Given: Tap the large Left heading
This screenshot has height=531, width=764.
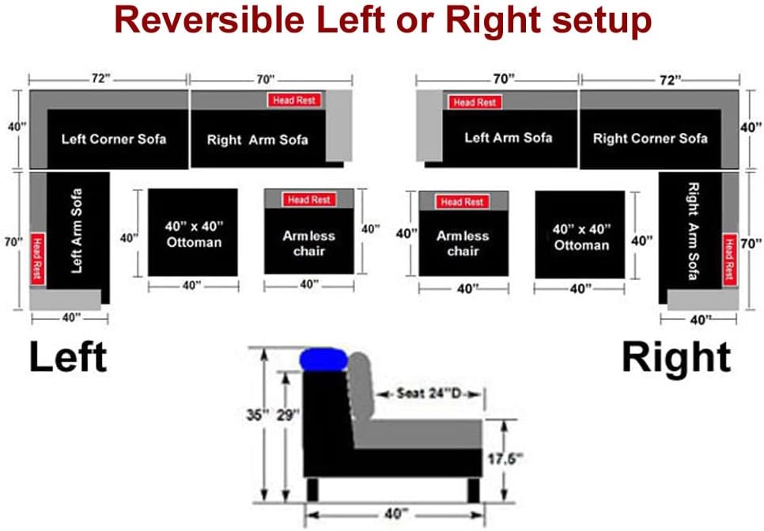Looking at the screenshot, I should [x=68, y=357].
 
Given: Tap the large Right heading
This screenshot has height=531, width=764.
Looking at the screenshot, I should [x=676, y=358].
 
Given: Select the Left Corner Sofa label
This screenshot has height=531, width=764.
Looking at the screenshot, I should [x=114, y=138].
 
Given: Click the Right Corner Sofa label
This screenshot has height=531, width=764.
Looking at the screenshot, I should [x=650, y=138].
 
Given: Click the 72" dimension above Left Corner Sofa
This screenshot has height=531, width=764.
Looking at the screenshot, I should [x=100, y=79].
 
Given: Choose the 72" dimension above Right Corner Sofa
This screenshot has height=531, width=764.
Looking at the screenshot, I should [x=669, y=79].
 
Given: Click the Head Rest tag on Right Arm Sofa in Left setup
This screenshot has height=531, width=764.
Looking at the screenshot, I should [x=294, y=101].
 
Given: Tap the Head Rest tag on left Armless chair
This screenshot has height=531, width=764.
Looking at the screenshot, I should [x=308, y=200].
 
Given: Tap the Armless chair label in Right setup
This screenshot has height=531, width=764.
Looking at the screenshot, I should [x=463, y=243].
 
